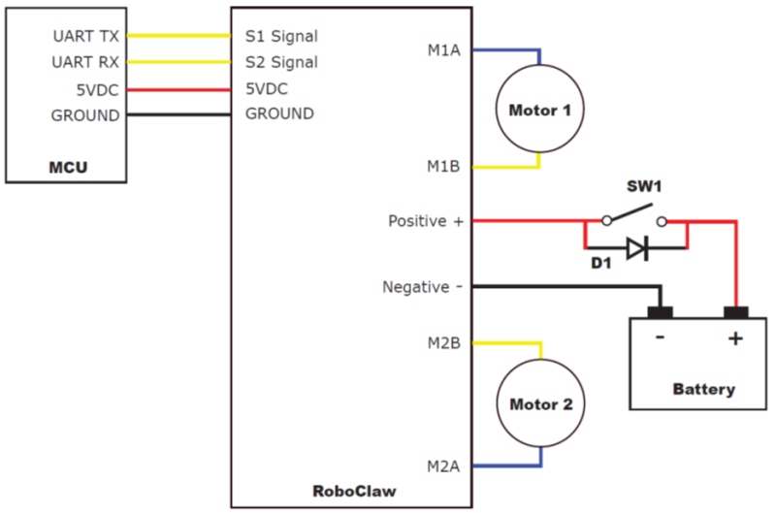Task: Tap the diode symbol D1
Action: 637,248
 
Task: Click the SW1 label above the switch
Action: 644,186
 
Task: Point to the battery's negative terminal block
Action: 661,312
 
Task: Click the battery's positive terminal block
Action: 736,312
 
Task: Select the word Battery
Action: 704,389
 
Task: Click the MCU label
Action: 68,167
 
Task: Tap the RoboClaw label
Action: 354,491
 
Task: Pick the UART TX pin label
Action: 86,36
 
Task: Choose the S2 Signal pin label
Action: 281,62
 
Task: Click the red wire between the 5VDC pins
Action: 178,90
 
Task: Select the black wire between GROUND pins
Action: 178,114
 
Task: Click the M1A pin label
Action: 444,50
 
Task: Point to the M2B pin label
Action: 444,343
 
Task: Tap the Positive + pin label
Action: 426,221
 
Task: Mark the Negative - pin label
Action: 423,287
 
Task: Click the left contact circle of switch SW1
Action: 607,221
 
